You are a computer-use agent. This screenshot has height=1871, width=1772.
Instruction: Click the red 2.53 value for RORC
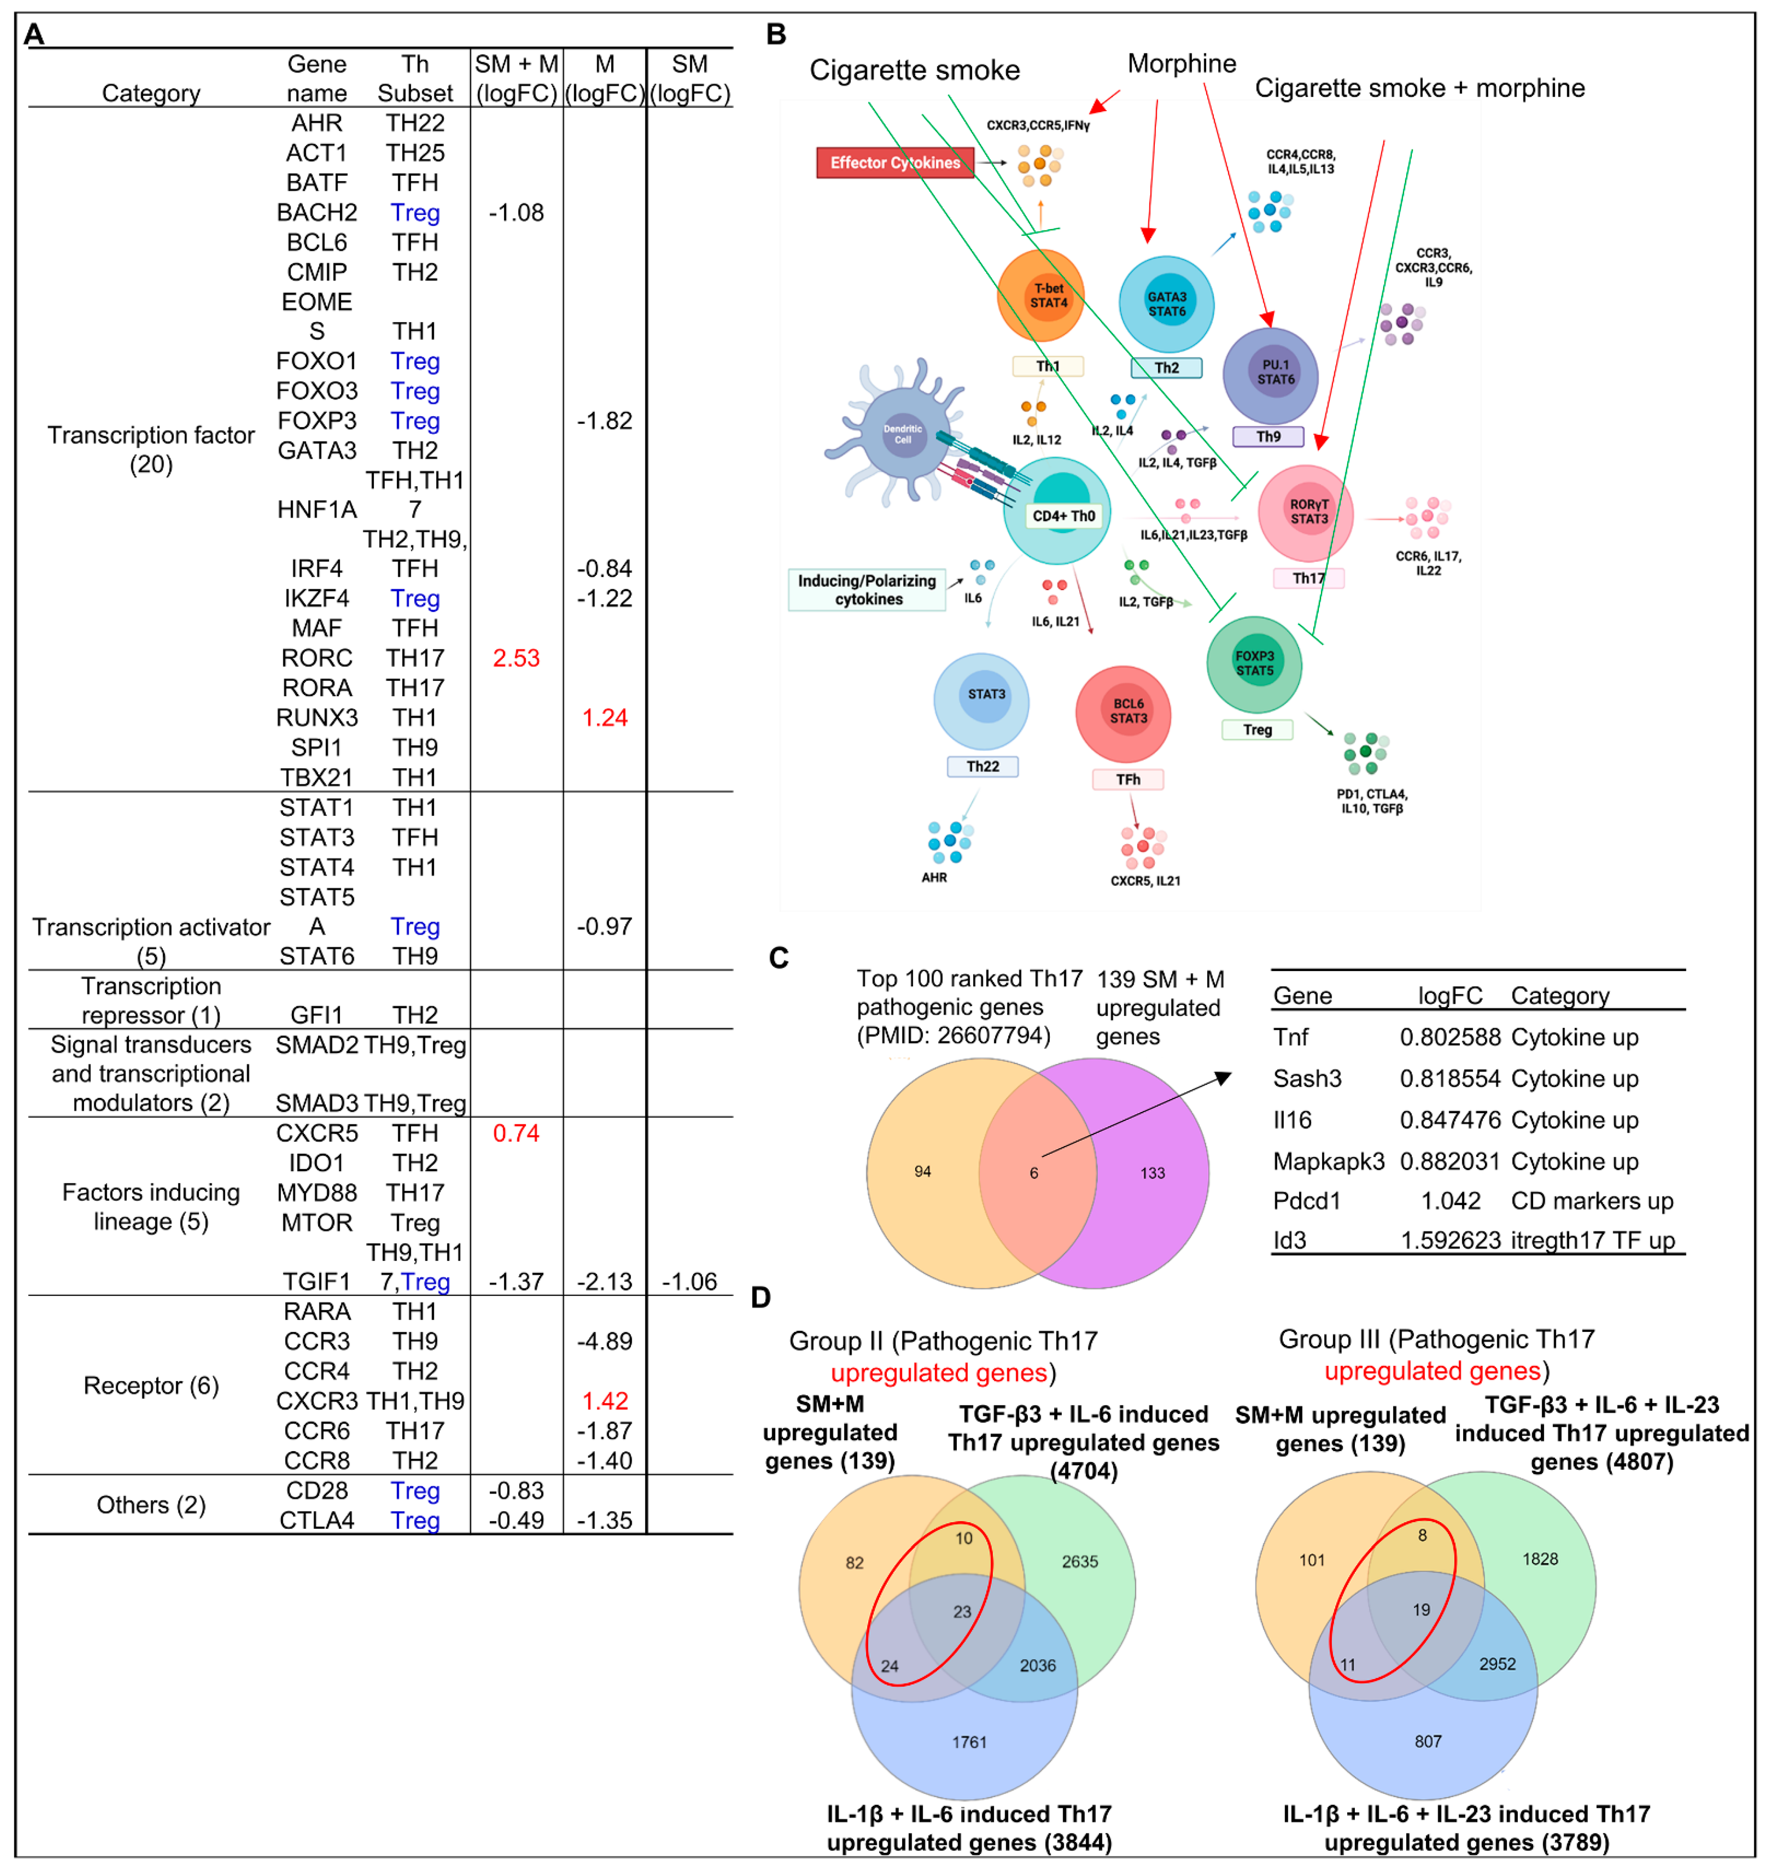(x=516, y=658)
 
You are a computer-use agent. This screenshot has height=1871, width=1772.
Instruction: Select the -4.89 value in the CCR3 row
(x=605, y=1341)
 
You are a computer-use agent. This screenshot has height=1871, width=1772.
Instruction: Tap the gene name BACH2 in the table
(x=316, y=213)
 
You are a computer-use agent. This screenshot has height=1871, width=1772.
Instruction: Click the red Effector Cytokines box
(x=894, y=162)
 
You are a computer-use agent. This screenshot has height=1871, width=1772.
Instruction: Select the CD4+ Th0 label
(x=1063, y=516)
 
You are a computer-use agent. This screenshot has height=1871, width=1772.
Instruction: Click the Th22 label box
(x=982, y=766)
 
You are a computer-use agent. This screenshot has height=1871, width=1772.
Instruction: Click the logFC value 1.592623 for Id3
(x=1450, y=1240)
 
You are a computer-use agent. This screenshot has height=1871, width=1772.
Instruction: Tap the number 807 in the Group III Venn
(x=1428, y=1740)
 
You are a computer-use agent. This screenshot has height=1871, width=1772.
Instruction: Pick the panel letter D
(x=762, y=1298)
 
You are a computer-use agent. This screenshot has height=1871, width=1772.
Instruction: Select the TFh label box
(x=1128, y=779)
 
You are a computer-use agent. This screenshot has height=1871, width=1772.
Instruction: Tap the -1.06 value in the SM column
(x=690, y=1282)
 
